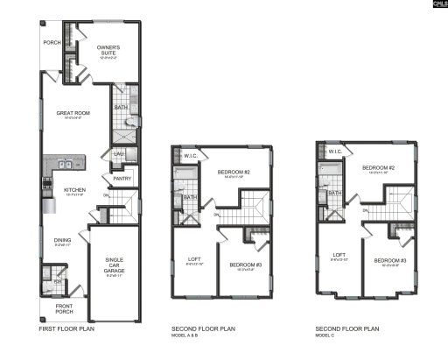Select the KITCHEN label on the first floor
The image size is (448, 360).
point(76,189)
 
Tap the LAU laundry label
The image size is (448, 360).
point(118,154)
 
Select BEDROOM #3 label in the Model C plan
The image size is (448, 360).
point(389,260)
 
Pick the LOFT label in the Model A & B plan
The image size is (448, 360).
point(194,258)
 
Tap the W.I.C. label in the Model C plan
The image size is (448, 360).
point(334,152)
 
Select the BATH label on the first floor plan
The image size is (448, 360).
point(122,108)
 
